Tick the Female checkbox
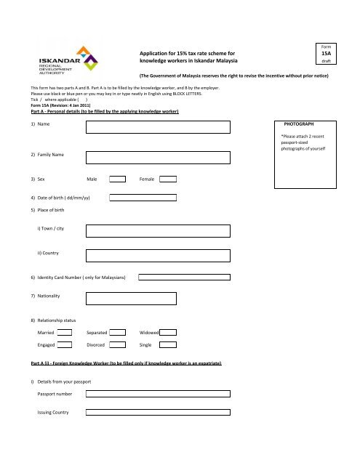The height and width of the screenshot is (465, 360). pos(168,178)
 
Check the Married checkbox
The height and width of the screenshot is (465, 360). pos(65,332)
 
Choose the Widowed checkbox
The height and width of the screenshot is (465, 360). pos(168,332)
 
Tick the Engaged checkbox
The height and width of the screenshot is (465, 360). pos(65,346)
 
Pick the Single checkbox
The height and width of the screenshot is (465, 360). pos(168,346)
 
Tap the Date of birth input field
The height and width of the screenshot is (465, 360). pos(143,197)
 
